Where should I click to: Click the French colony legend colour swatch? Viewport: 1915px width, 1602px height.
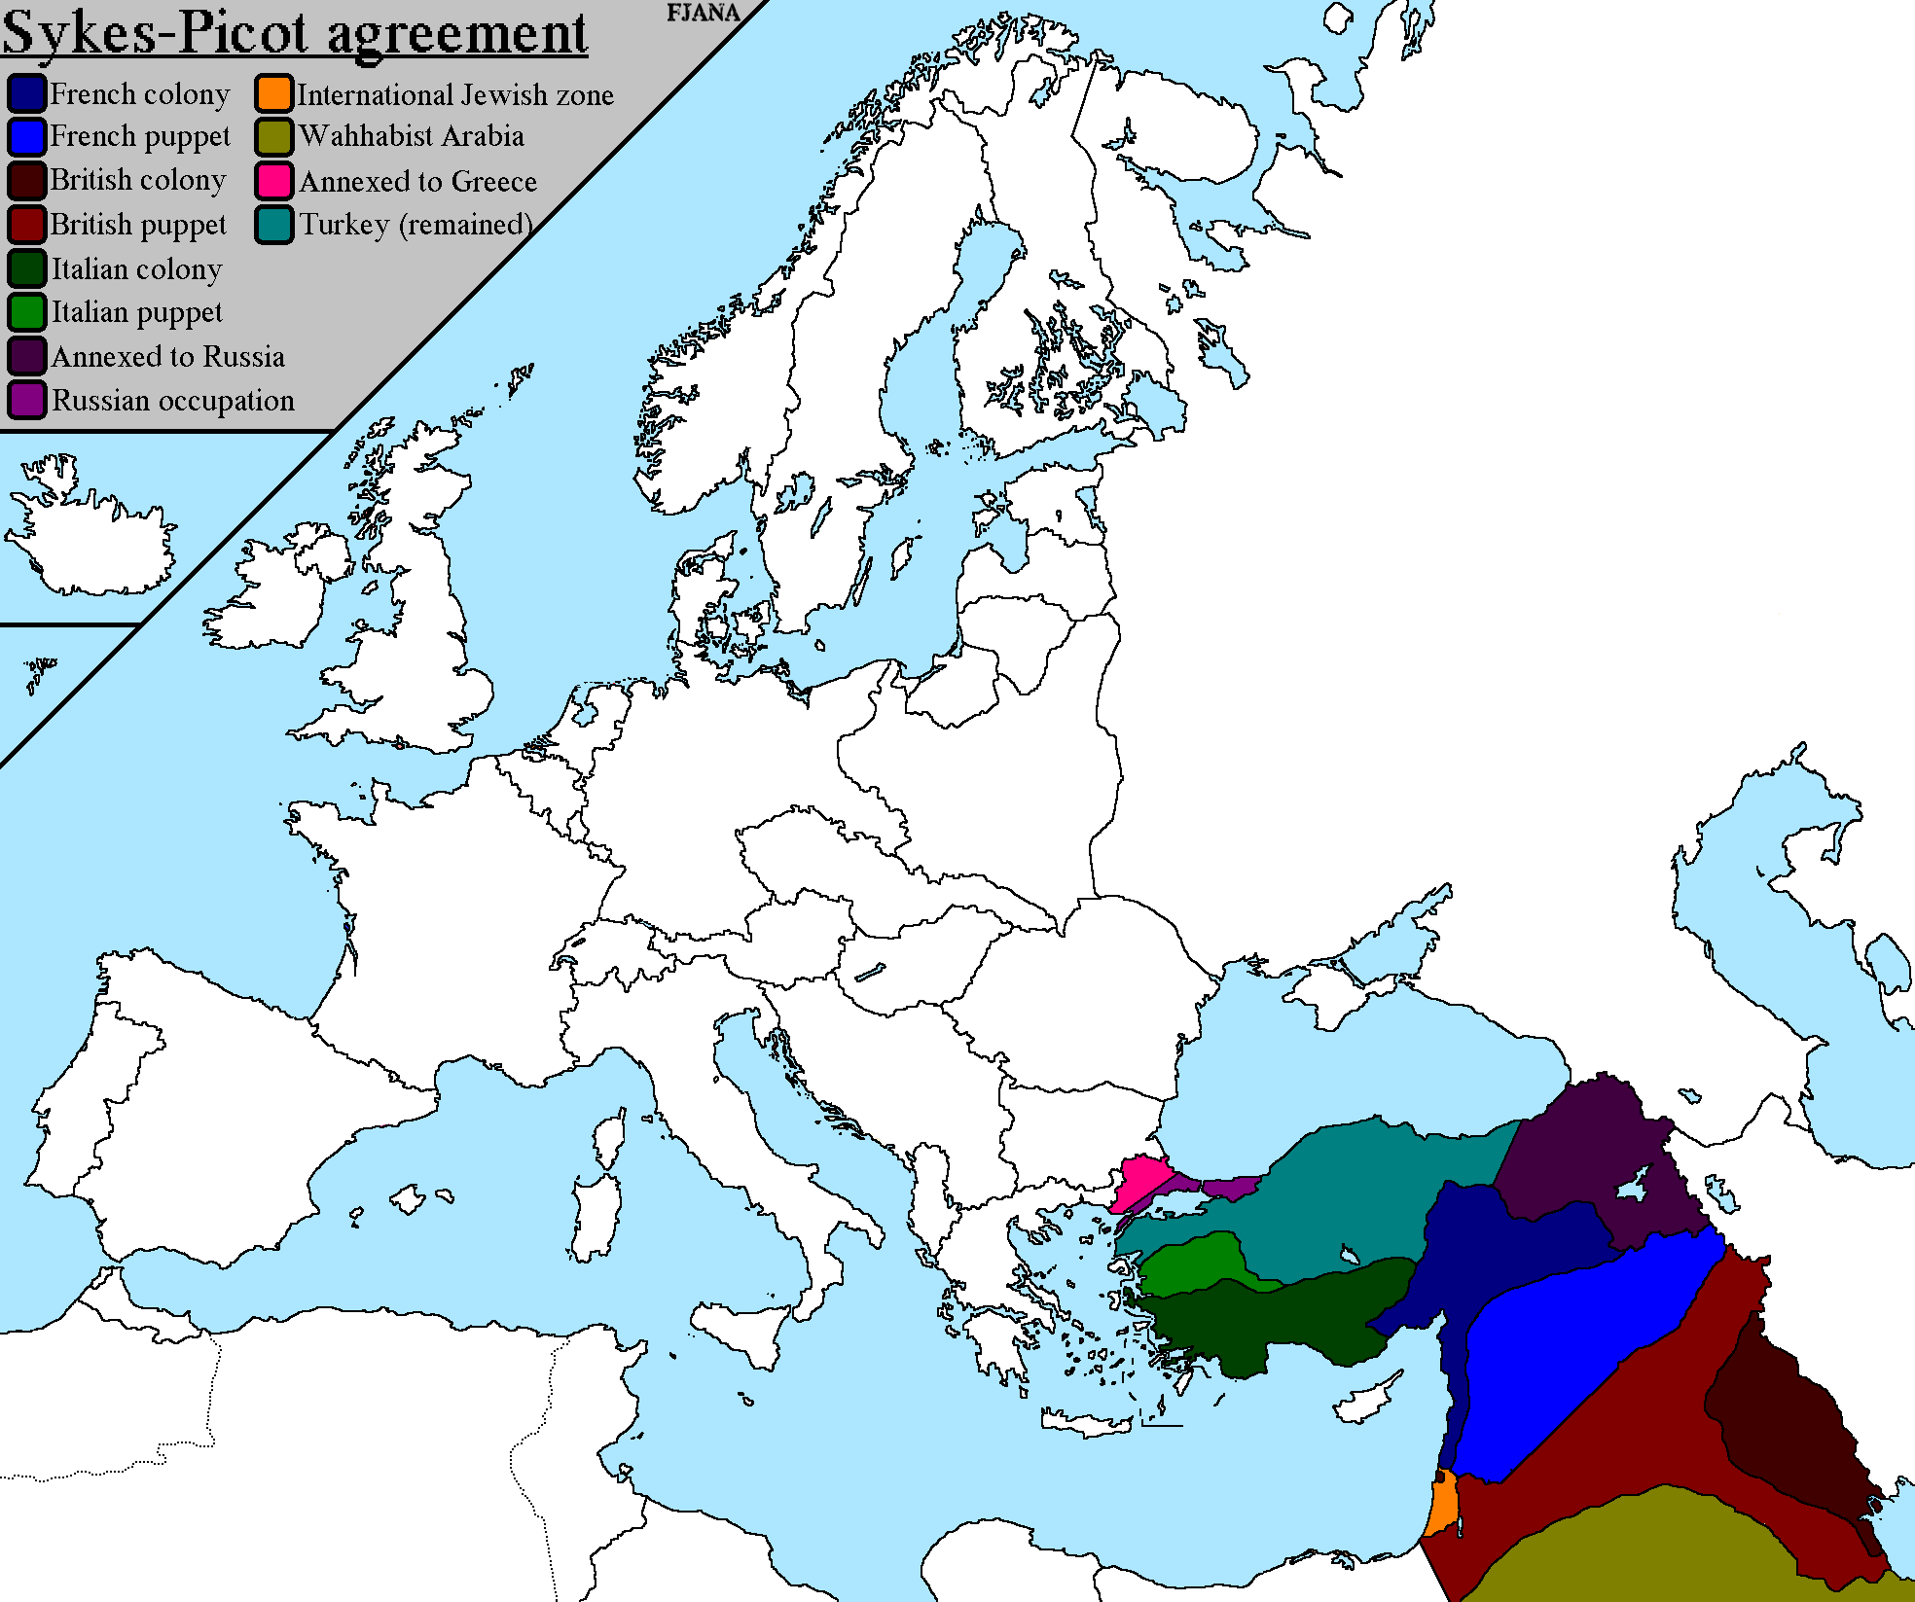tap(26, 93)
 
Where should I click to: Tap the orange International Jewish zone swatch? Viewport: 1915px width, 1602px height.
tap(274, 93)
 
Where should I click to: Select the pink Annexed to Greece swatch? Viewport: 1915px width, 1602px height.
tap(274, 181)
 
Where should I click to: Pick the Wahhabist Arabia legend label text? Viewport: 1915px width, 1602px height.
tap(412, 136)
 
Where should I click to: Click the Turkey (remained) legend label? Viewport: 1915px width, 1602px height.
tap(416, 225)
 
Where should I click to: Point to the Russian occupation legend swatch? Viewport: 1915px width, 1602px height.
tap(26, 400)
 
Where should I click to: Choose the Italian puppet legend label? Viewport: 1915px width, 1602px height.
tap(136, 312)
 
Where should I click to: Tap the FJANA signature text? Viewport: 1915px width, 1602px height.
tap(703, 13)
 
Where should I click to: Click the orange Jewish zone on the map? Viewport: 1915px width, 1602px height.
tap(1443, 1504)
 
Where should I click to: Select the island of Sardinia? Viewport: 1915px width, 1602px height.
tap(596, 1216)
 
